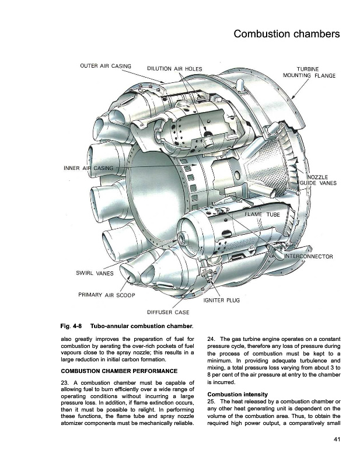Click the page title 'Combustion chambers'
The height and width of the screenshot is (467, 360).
[x=286, y=34]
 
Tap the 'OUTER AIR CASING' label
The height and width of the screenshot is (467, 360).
[x=105, y=65]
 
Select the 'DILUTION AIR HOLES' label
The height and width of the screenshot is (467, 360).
[x=174, y=69]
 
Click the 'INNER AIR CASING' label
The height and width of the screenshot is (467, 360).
[x=88, y=169]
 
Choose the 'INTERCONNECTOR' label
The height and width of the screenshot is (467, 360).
[x=309, y=256]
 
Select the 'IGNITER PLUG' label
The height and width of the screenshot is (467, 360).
[x=222, y=300]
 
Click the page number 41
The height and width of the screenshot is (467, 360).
[x=337, y=440]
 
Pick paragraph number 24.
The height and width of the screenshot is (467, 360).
[x=211, y=339]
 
